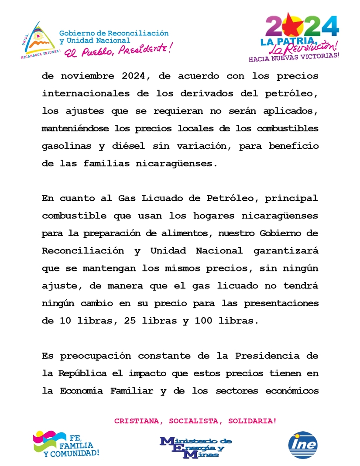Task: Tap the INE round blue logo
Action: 303,445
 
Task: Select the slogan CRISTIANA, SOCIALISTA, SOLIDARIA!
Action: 195,421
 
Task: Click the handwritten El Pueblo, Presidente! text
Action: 118,50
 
